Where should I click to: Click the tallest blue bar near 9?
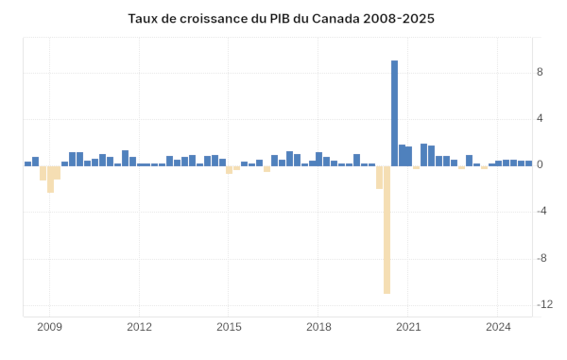point(394,112)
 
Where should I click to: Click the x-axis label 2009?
point(49,327)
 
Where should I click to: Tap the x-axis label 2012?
point(139,327)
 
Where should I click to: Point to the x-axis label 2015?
point(229,327)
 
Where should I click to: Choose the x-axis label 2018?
point(318,327)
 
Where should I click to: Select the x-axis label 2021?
point(408,327)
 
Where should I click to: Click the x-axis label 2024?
point(498,327)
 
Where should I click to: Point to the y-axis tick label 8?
point(539,72)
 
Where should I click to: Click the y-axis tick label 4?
point(539,118)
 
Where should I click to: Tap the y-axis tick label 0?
point(539,164)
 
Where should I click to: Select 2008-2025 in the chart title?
point(399,19)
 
